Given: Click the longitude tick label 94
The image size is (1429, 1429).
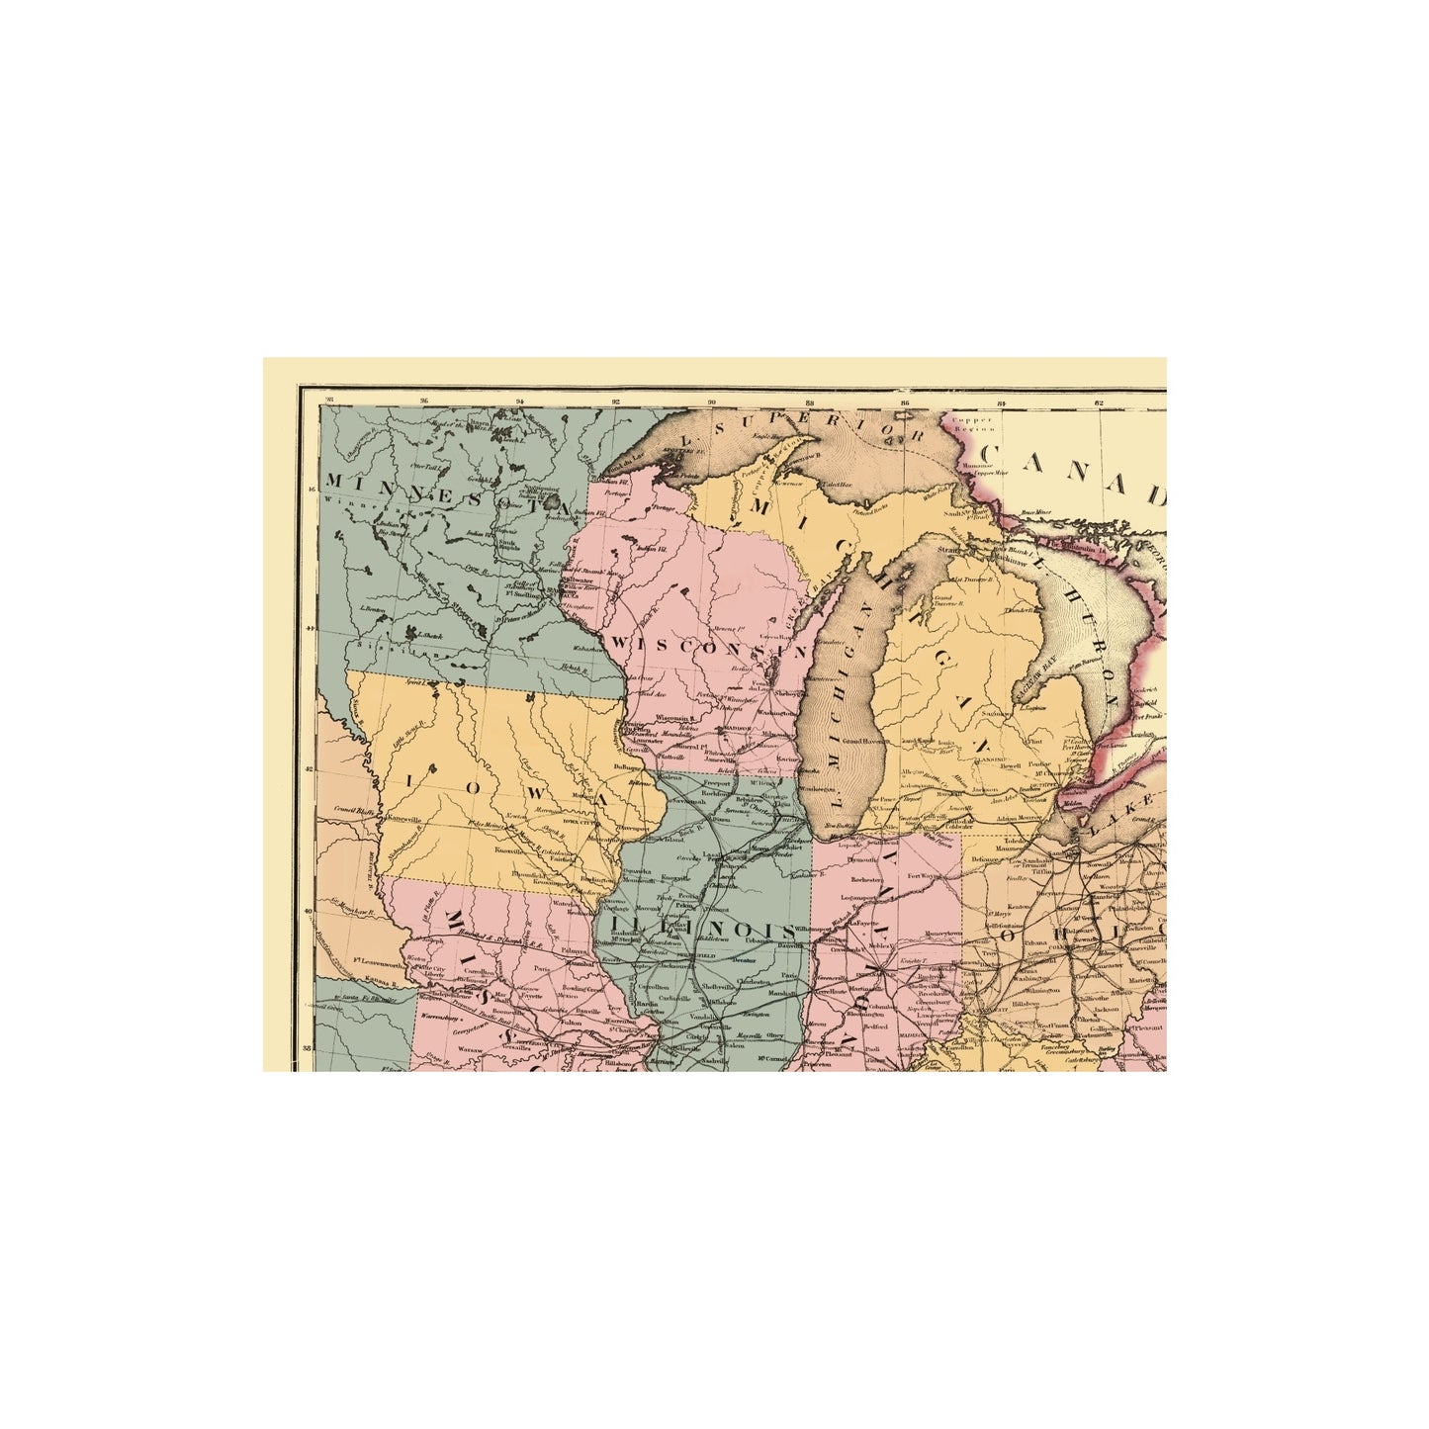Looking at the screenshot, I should (x=520, y=402).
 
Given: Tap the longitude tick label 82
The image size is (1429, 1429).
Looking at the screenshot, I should (x=1098, y=402).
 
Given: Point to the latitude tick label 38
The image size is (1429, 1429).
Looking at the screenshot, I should (x=307, y=1049).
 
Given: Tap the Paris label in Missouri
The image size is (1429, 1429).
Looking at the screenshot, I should (x=568, y=969).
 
